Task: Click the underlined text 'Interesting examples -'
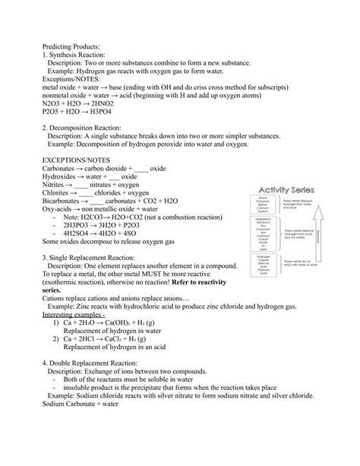(x=74, y=313)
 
